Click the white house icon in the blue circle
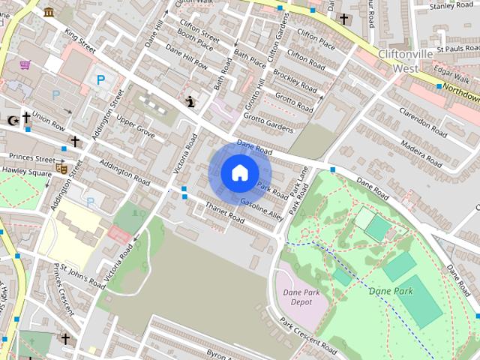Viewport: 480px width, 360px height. tap(239, 172)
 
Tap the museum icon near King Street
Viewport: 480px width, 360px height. tap(49, 12)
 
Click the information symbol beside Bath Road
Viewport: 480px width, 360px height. tap(190, 102)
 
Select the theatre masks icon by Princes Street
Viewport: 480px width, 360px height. tap(61, 169)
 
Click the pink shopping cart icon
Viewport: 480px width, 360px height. tap(25, 65)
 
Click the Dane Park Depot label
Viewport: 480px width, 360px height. tap(297, 297)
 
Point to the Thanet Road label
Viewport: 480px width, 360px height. tap(224, 213)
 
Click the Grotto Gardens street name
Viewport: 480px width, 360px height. tap(268, 123)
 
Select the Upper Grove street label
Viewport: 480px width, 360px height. tap(135, 128)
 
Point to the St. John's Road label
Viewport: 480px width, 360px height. tap(82, 275)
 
